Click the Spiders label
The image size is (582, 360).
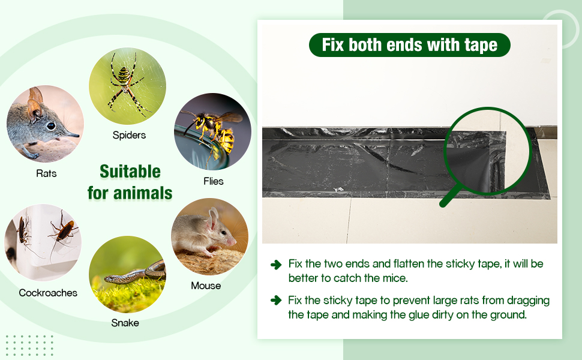coord(129,135)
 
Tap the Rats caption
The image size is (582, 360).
coord(46,173)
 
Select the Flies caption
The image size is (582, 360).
coord(214,181)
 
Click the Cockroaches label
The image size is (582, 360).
coord(48,293)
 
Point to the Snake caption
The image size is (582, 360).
coord(125,323)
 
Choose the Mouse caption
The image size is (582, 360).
coord(206,286)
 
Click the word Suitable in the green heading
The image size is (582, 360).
coord(130,172)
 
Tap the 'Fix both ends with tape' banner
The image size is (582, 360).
coord(409,45)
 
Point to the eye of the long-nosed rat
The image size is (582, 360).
coord(51,126)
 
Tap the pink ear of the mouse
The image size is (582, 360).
coord(213,218)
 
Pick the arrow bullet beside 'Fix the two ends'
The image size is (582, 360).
coord(276,265)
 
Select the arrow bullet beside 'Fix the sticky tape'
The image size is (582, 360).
coord(276,300)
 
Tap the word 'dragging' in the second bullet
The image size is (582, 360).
coord(528,301)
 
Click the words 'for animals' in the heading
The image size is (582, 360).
coord(130,193)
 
